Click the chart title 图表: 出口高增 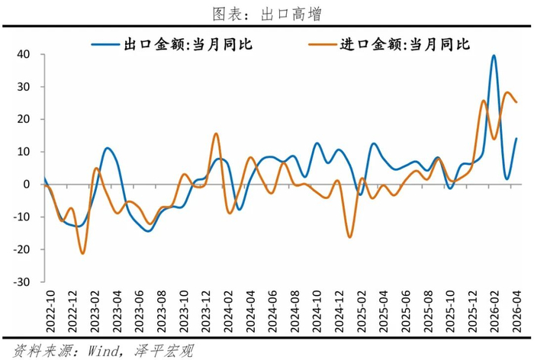coord(267,14)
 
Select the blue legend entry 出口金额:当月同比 coord(172,44)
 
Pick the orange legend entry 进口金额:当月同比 coord(389,44)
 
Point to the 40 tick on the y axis coord(24,54)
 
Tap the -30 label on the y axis coord(21,282)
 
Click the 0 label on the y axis coord(27,185)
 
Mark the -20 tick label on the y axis coord(21,249)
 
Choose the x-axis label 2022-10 coord(50,311)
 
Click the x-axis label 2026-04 coord(516,311)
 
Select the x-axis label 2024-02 coord(228,311)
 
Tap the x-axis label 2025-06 coord(406,311)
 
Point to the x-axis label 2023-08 coord(161,311)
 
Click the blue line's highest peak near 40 coord(494,56)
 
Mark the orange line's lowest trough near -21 coord(82,253)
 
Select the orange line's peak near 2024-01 coord(216,133)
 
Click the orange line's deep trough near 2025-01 coord(349,237)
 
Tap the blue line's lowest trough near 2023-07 coord(149,231)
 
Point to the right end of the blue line coord(516,138)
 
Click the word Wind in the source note coord(103,351)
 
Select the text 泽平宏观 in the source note coord(164,351)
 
